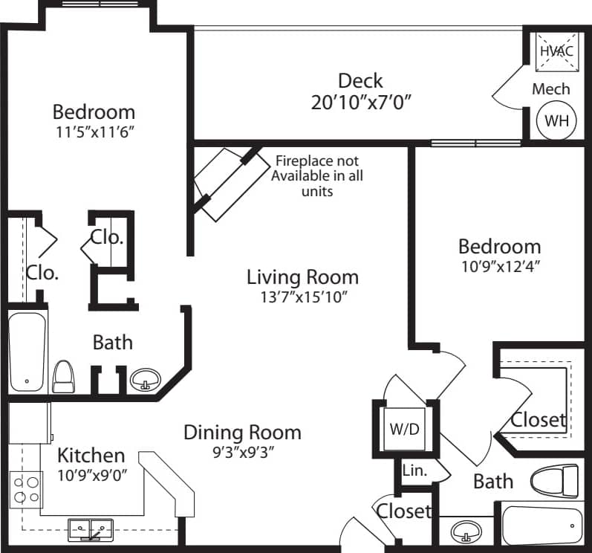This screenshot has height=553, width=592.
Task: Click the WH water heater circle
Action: pos(556,120)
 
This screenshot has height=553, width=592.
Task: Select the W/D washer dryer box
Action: pos(406,428)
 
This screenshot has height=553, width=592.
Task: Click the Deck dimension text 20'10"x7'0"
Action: pos(361,102)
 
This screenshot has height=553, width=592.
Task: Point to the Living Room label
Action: pos(302,277)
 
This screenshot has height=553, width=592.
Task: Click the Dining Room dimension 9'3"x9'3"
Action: pos(243,451)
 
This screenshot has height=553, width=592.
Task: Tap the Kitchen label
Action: pos(91,455)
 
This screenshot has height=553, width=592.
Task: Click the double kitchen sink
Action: pos(90,528)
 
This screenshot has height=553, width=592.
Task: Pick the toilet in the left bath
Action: pos(63,376)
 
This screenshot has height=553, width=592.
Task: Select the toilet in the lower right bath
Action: pos(554,481)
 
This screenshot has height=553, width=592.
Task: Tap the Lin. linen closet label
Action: pos(413,470)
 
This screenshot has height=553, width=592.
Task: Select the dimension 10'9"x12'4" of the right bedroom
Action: pos(499,266)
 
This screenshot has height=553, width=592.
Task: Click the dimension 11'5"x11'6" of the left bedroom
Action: pos(94,132)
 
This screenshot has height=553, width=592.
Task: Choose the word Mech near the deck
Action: pos(551,89)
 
